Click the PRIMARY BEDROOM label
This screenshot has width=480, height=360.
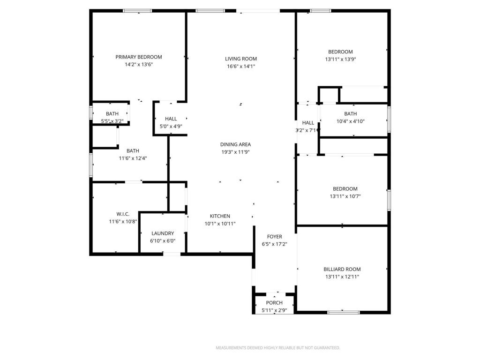tap(139, 57)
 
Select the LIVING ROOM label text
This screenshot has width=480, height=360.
tap(241, 59)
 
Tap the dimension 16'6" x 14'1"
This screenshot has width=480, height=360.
tap(241, 66)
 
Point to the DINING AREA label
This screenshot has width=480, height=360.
tap(235, 144)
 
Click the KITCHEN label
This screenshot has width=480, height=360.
tap(220, 216)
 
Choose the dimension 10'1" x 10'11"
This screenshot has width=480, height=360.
tap(220, 224)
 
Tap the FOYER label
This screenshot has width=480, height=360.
tap(274, 237)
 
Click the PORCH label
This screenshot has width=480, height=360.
tap(274, 303)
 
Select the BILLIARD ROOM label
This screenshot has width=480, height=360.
tap(342, 269)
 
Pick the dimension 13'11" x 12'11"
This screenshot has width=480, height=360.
tap(342, 277)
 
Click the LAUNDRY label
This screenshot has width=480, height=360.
tap(163, 233)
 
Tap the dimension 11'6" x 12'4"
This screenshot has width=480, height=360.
tap(133, 158)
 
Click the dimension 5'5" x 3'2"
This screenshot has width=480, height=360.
tap(112, 121)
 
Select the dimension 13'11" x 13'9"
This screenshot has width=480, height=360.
tap(340, 60)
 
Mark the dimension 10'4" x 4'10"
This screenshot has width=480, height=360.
tap(350, 121)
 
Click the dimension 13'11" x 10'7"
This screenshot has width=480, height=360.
tap(342, 196)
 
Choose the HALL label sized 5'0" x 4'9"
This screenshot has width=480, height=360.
tap(171, 119)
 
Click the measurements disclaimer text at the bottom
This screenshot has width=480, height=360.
tap(277, 348)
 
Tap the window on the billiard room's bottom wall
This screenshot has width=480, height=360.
tap(344, 312)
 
